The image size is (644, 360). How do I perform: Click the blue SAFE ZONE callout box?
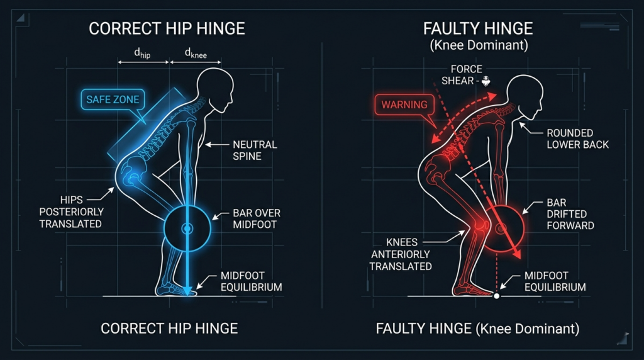(113, 99)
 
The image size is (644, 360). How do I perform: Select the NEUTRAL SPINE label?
(255, 150)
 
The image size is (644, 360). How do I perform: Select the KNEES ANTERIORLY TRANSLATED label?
(400, 254)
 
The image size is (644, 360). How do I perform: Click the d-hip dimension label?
(143, 54)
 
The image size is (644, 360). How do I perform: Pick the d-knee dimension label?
(196, 54)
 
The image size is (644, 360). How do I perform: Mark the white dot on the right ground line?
(496, 296)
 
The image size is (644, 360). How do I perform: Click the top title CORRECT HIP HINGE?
(167, 28)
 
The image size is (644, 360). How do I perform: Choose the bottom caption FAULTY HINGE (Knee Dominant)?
(477, 328)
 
